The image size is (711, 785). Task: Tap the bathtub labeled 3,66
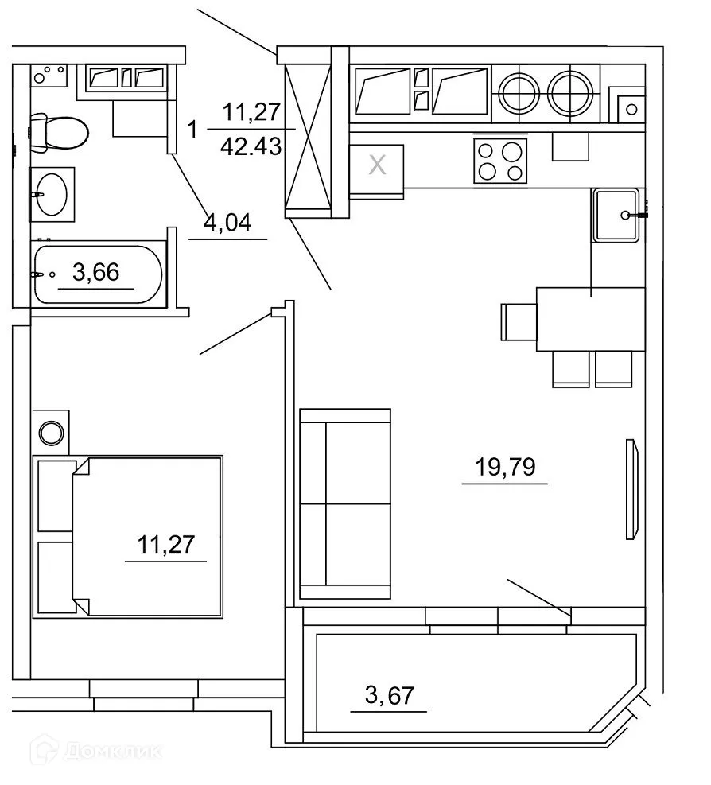(98, 274)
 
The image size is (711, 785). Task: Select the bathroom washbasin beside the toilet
(52, 193)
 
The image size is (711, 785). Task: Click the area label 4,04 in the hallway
(227, 223)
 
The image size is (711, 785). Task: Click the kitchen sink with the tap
(616, 215)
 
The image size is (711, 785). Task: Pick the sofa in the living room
(346, 503)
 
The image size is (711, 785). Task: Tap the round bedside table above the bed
(52, 433)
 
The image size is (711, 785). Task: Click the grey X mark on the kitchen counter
(378, 166)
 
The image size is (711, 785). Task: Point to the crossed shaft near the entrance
(307, 132)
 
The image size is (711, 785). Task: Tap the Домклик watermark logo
(95, 750)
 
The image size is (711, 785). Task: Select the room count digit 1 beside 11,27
(191, 127)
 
